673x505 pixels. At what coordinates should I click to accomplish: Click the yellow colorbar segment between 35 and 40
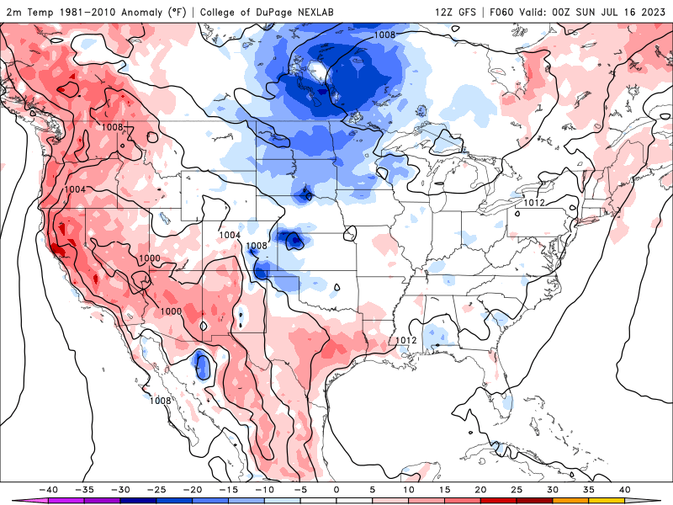tap(606, 501)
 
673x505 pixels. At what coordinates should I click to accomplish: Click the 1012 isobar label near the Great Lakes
tap(536, 203)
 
